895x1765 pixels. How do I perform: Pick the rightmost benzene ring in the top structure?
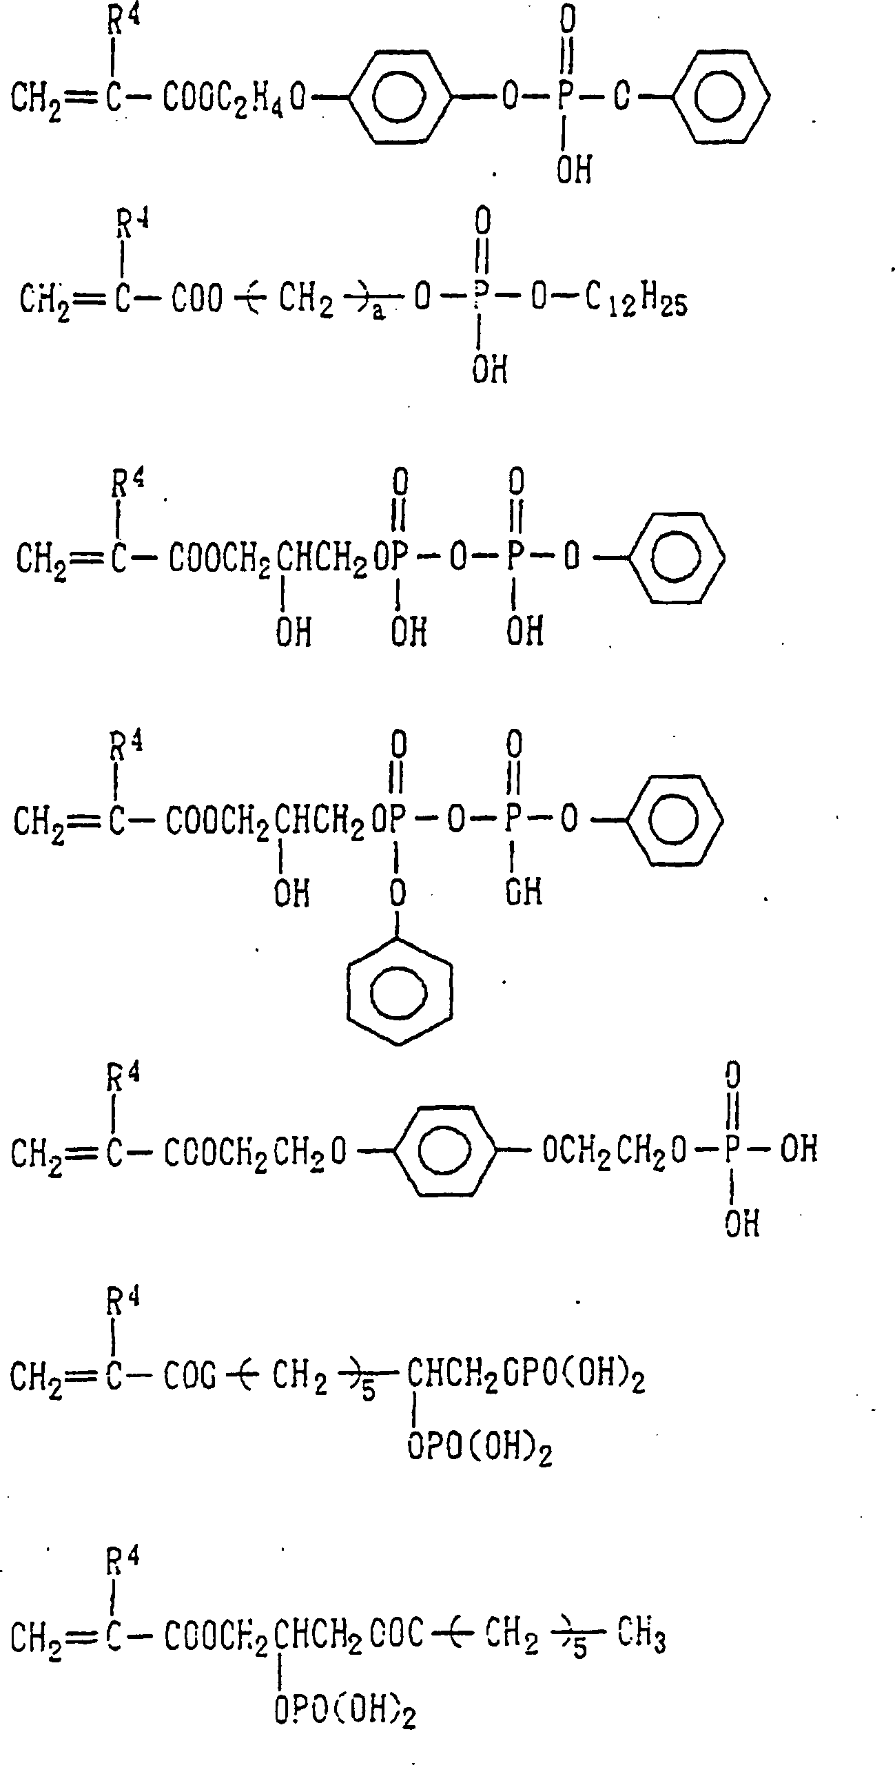(721, 97)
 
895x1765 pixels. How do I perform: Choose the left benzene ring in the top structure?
(400, 97)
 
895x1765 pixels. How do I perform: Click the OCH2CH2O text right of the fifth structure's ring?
(615, 1150)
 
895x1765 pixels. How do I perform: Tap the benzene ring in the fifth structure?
(446, 1150)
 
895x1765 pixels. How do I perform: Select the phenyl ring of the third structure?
(677, 559)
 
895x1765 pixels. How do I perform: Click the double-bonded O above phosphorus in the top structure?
(566, 20)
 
